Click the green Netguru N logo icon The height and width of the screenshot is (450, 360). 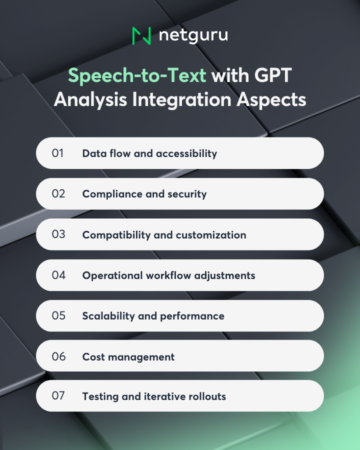pyautogui.click(x=141, y=35)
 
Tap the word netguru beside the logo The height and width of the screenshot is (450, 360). pyautogui.click(x=193, y=36)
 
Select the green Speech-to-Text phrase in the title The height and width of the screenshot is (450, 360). pyautogui.click(x=137, y=75)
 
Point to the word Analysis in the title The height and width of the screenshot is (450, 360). pyautogui.click(x=89, y=99)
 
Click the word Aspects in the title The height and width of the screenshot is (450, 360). pyautogui.click(x=270, y=99)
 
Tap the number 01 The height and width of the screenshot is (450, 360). pyautogui.click(x=58, y=153)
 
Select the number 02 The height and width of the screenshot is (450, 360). pyautogui.click(x=58, y=193)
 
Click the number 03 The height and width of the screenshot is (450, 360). pyautogui.click(x=58, y=234)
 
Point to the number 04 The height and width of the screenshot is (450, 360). pyautogui.click(x=58, y=275)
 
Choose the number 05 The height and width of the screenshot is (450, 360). pyautogui.click(x=58, y=315)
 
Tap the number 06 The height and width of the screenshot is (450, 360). pyautogui.click(x=58, y=356)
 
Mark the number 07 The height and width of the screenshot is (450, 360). pyautogui.click(x=58, y=396)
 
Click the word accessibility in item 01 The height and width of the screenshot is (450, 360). pyautogui.click(x=186, y=153)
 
